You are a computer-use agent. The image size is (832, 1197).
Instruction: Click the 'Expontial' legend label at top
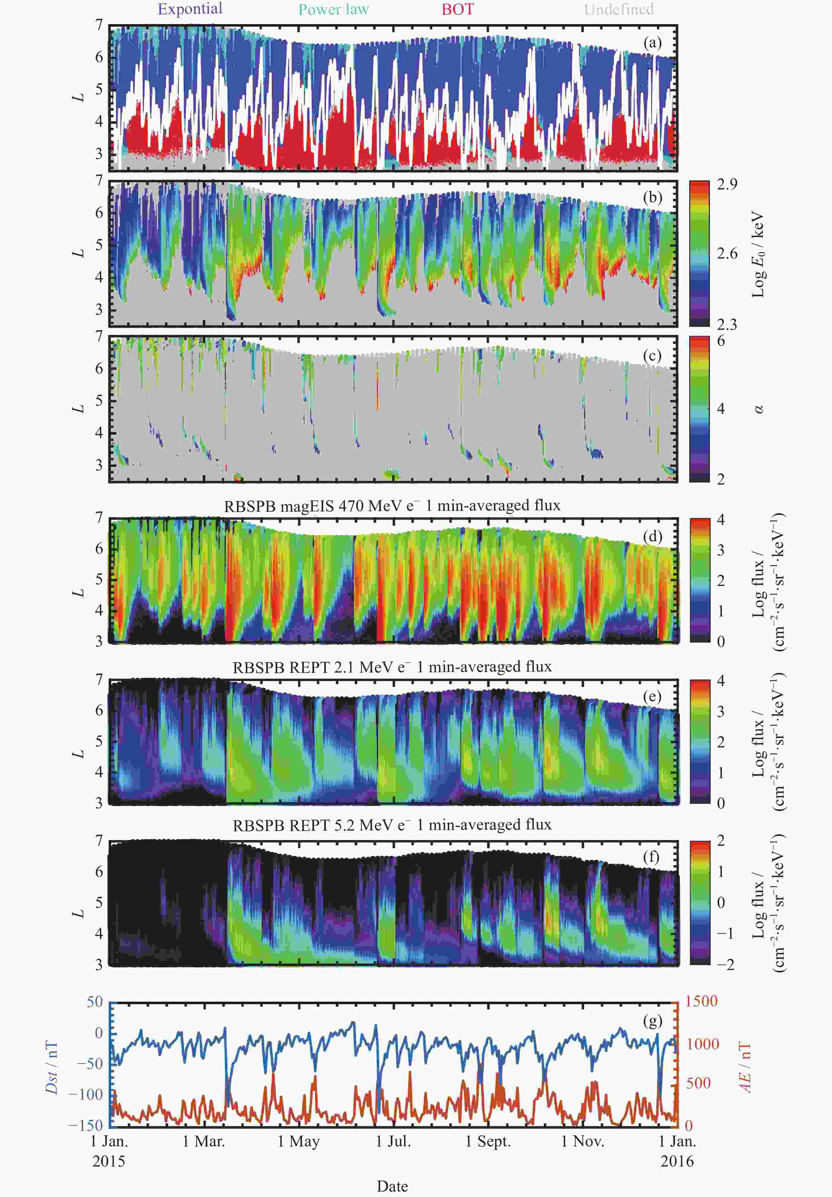[190, 9]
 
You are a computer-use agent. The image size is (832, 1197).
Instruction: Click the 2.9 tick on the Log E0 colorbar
[727, 184]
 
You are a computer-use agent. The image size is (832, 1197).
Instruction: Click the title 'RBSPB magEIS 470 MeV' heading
[392, 505]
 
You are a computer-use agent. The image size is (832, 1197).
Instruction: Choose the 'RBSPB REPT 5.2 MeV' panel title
[392, 825]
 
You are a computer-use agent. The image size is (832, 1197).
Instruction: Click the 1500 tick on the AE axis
[701, 1001]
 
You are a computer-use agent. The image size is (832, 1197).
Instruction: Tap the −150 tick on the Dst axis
[86, 1125]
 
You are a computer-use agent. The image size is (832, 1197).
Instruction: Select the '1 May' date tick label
[298, 1141]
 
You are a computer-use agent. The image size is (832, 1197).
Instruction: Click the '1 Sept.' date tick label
[488, 1141]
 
